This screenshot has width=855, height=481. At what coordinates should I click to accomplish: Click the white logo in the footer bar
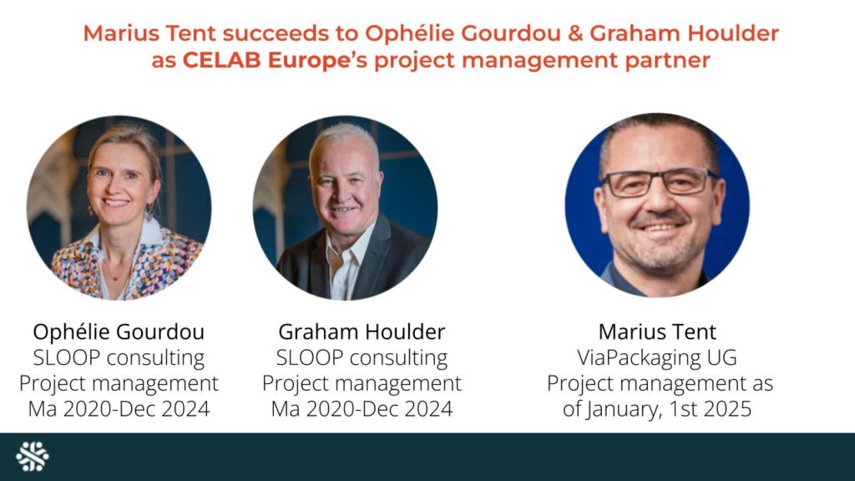[33, 456]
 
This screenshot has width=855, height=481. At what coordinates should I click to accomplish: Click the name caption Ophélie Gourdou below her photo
[119, 332]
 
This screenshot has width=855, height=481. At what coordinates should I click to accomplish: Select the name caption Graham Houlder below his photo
[362, 332]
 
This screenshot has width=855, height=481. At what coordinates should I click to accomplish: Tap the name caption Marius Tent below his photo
[657, 332]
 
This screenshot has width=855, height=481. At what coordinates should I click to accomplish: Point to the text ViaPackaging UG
[657, 357]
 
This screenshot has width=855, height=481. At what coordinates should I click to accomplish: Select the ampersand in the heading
[575, 33]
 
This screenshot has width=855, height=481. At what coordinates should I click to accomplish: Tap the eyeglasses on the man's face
[658, 183]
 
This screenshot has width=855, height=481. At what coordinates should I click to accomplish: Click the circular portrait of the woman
[119, 207]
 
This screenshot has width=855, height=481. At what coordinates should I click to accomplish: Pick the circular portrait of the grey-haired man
[345, 207]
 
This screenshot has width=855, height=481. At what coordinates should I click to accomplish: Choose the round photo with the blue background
[657, 205]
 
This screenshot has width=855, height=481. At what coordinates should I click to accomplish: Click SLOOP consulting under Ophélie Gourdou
[119, 357]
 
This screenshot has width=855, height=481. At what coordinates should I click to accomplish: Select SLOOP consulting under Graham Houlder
[362, 357]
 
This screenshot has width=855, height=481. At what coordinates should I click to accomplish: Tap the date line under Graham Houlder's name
[362, 409]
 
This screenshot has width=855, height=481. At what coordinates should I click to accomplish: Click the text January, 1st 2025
[669, 409]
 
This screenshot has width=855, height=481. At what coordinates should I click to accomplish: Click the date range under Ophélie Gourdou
[119, 409]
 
